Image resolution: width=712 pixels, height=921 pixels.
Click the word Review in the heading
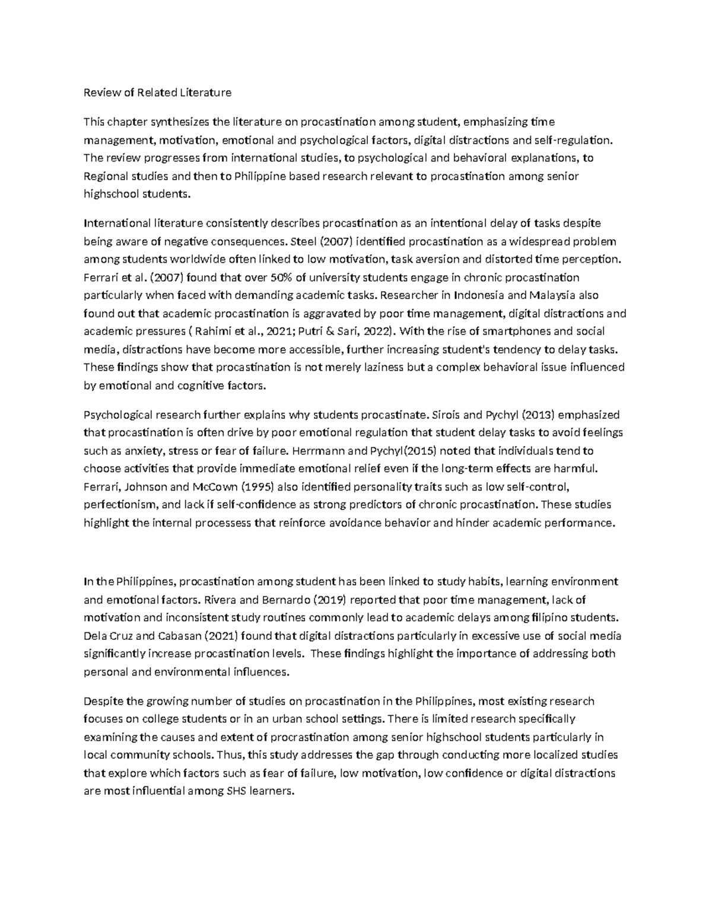(98, 93)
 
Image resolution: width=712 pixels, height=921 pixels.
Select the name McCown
(211, 487)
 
